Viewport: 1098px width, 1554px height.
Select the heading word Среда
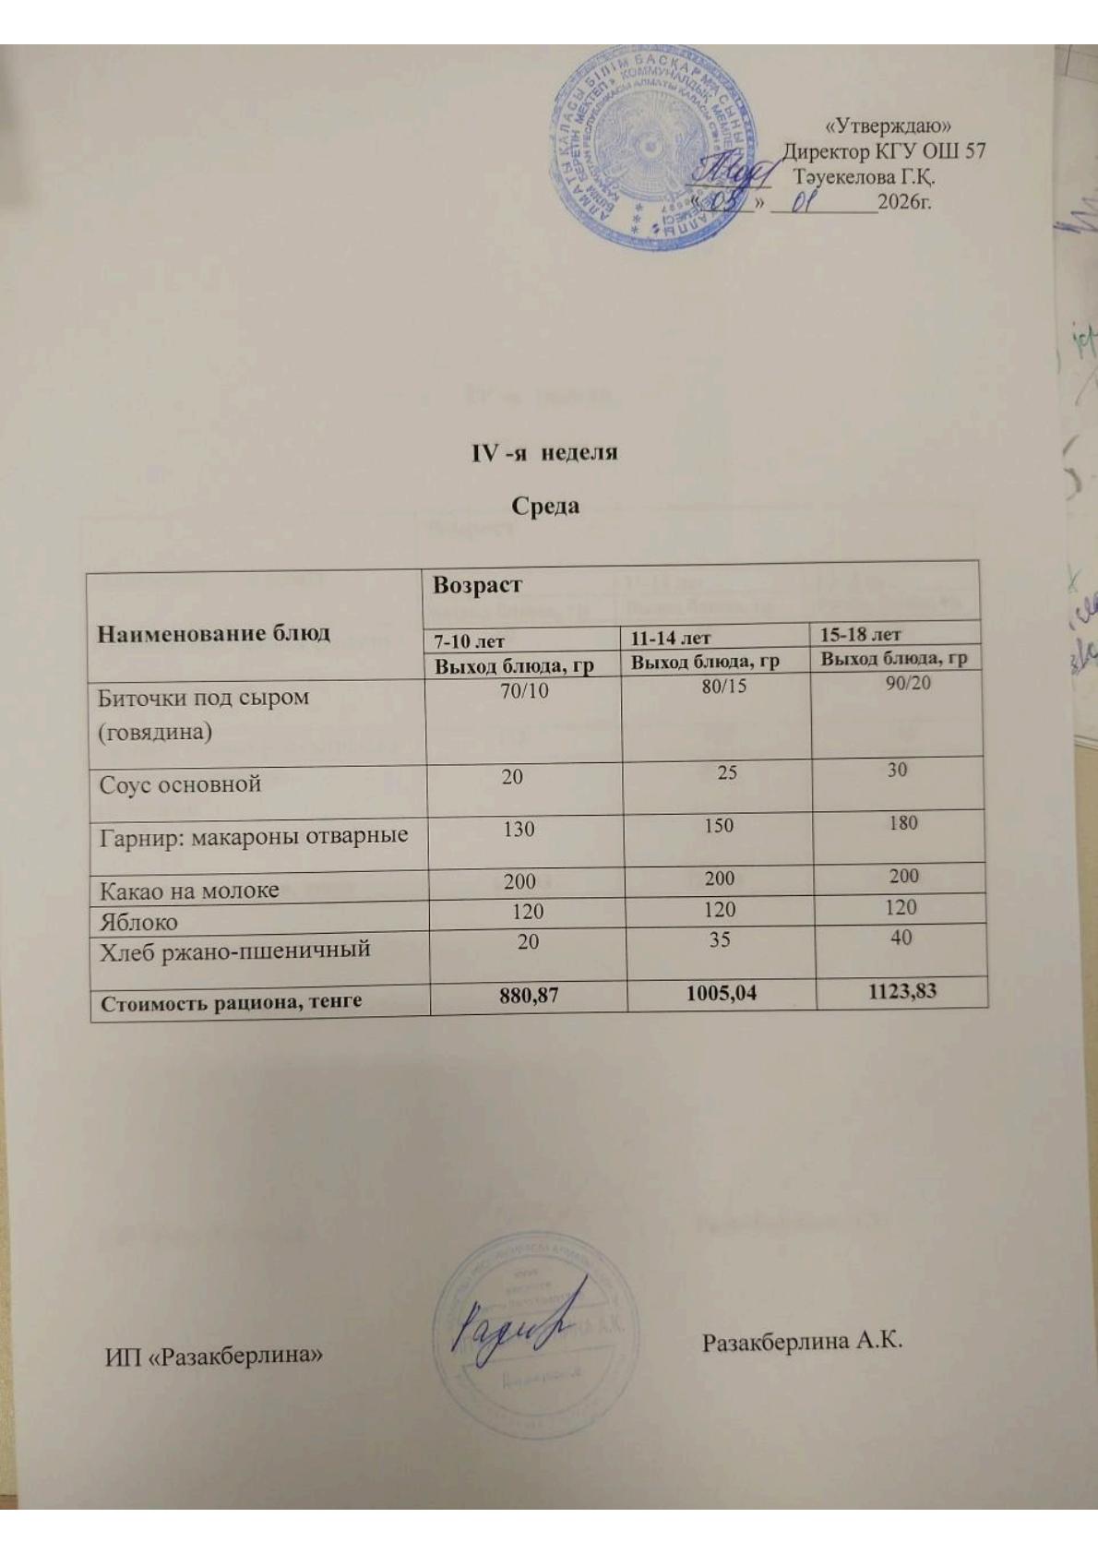pos(545,506)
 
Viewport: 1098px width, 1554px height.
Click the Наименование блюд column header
pos(214,633)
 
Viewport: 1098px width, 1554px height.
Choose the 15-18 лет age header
pos(860,634)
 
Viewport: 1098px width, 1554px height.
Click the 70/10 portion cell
pos(523,690)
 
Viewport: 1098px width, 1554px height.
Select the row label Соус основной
pos(180,784)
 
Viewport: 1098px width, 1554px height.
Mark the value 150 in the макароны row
pos(719,825)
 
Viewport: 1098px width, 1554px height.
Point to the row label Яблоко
pos(138,922)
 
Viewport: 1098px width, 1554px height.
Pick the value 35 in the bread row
pos(719,939)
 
